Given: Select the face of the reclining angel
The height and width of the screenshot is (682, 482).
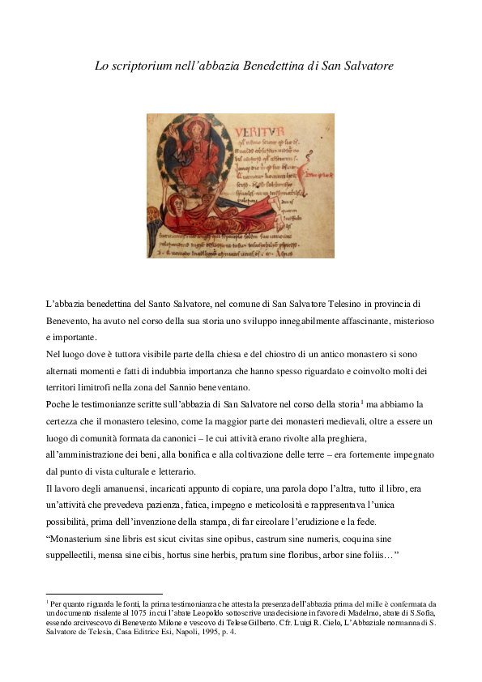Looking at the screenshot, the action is coord(173,209).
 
